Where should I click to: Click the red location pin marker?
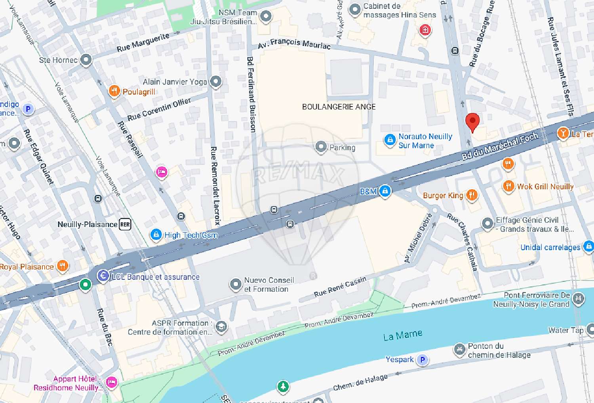click(x=472, y=122)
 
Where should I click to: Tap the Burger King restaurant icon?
click(x=472, y=195)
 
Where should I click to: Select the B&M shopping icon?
click(x=385, y=191)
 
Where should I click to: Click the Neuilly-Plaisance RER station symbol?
click(x=125, y=224)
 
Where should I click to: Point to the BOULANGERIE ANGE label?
click(x=339, y=107)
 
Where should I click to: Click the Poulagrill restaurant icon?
click(x=114, y=91)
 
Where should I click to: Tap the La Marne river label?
click(x=402, y=335)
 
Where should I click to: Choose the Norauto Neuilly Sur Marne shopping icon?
click(x=390, y=140)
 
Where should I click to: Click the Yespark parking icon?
click(x=423, y=359)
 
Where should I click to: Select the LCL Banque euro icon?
click(x=103, y=276)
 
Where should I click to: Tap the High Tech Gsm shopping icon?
click(x=156, y=235)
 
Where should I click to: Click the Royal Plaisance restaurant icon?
click(x=63, y=266)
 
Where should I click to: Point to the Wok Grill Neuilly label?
click(x=545, y=187)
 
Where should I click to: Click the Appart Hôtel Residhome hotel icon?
click(x=112, y=382)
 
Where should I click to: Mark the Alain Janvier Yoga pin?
click(x=216, y=82)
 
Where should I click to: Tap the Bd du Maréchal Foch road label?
click(x=500, y=146)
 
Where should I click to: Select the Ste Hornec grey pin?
click(x=86, y=60)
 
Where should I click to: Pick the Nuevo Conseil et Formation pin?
click(x=236, y=284)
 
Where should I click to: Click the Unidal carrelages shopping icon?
click(x=588, y=246)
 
